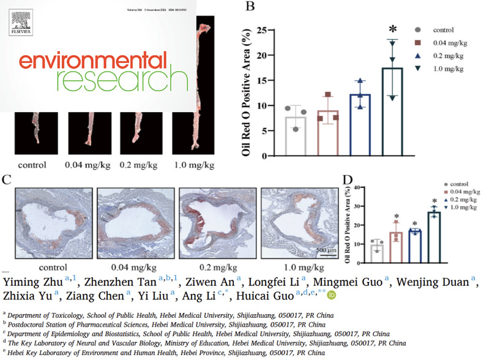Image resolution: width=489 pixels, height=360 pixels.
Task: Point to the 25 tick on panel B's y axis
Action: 267,30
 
